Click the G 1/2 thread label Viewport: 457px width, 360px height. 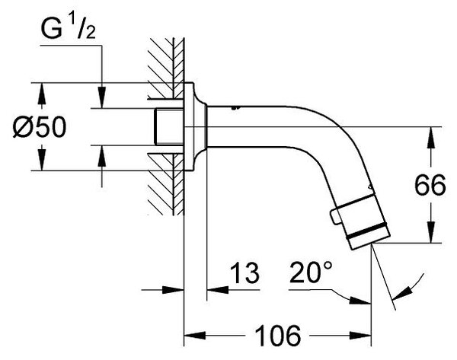pyautogui.click(x=69, y=29)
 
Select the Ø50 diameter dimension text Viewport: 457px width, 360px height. pyautogui.click(x=40, y=127)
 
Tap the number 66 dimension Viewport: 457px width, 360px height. pyautogui.click(x=430, y=185)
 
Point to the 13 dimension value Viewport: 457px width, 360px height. pyautogui.click(x=244, y=273)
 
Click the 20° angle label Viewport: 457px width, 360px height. pyautogui.click(x=311, y=272)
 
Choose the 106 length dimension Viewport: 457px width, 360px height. pyautogui.click(x=277, y=335)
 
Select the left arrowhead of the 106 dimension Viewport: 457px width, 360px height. pyautogui.click(x=195, y=335)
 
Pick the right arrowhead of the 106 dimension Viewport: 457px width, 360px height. pyautogui.click(x=360, y=335)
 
